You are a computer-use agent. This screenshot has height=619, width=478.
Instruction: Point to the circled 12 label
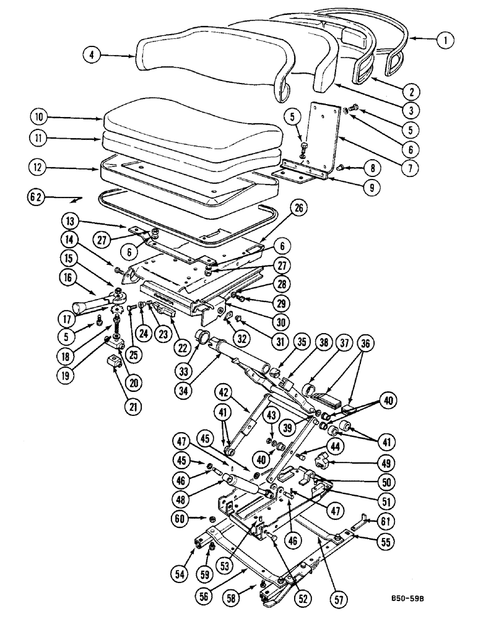click(39, 167)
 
